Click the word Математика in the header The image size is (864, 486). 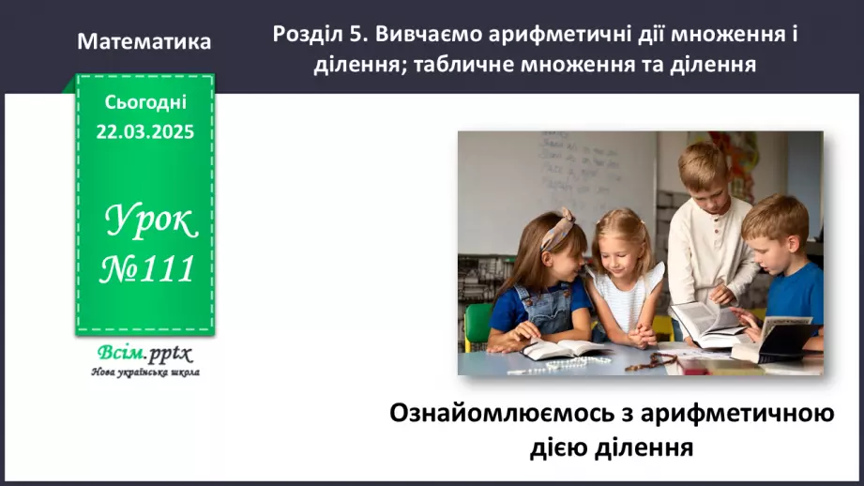[144, 42]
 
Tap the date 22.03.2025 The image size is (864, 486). [144, 132]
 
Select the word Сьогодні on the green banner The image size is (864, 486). [144, 103]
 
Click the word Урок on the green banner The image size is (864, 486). [150, 223]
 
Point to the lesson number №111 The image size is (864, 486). [147, 269]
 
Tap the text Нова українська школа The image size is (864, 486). [144, 372]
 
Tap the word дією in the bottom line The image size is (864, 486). [563, 447]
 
